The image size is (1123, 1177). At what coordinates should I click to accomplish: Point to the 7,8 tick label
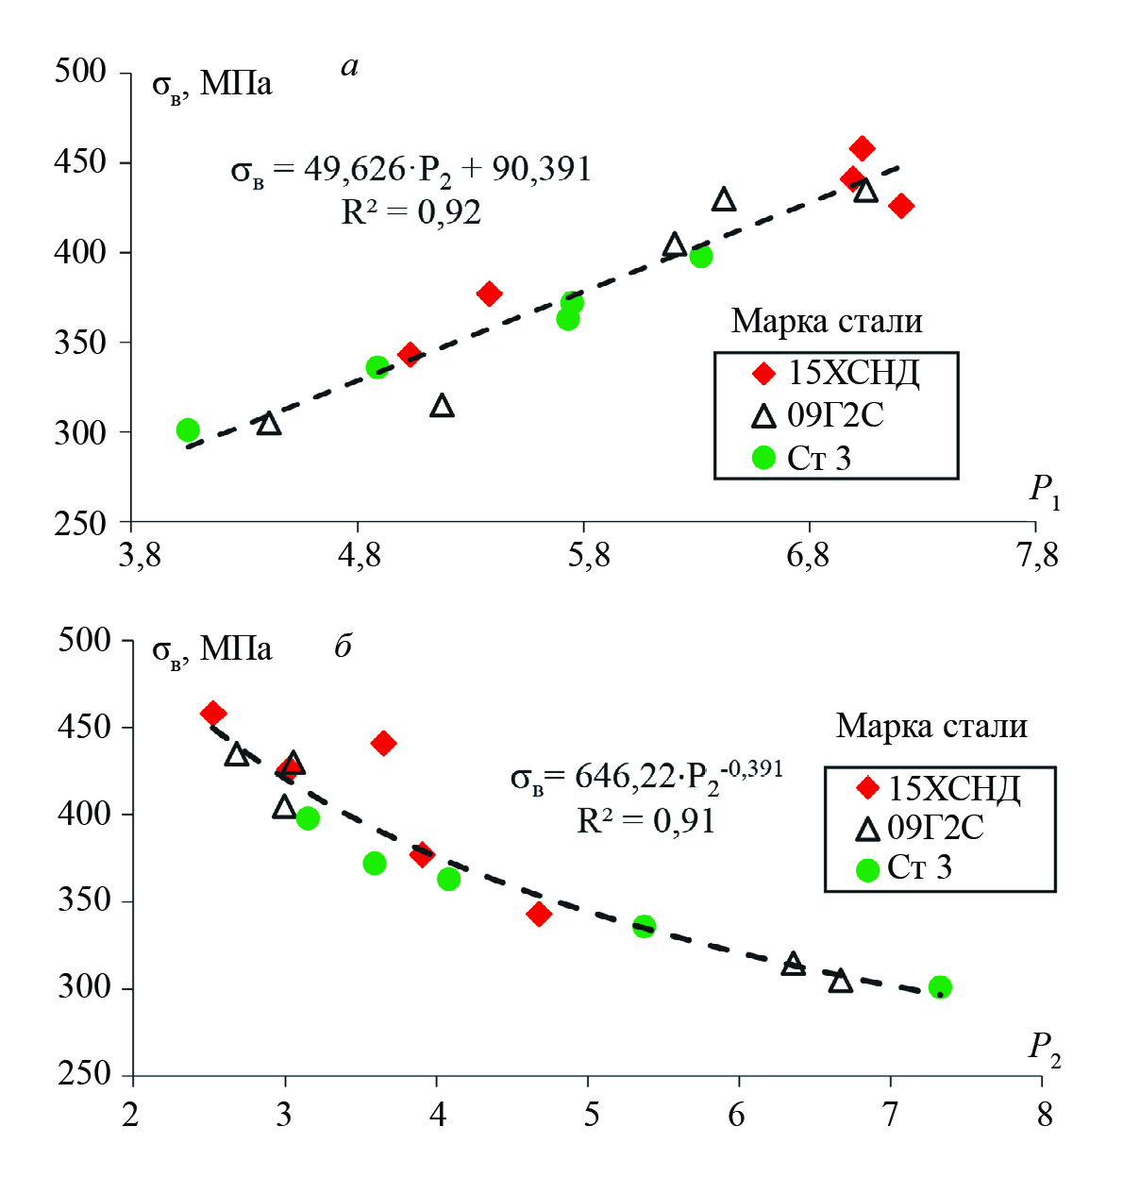coord(1037,555)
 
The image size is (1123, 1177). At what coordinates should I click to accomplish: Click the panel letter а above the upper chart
coord(349,66)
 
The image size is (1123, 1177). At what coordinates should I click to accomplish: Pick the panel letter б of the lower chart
coord(344,647)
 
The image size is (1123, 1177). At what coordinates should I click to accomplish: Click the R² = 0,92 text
coord(411,212)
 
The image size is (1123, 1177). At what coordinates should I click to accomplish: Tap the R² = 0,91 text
coord(645,821)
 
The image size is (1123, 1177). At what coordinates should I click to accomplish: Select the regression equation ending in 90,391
coord(411,170)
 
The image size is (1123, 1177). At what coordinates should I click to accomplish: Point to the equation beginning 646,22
coord(646,777)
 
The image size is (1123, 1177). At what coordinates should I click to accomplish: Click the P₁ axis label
coord(1044,490)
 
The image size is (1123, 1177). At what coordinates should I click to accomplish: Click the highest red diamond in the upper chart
coord(862,148)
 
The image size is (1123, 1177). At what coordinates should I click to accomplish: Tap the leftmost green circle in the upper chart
coord(188,430)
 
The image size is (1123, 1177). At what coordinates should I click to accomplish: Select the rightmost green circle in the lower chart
coord(940,987)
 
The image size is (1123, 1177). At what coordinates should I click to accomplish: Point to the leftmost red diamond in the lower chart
coord(213,713)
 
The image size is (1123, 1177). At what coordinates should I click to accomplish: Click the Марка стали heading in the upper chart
coord(827,322)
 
